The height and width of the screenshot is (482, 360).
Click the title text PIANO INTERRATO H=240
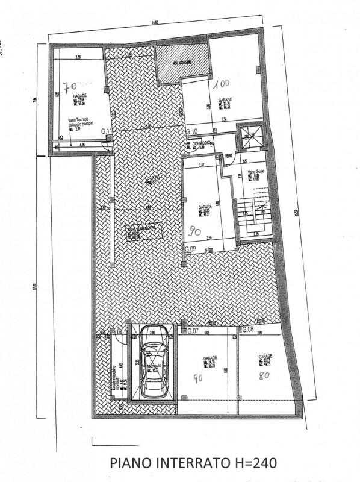point(194,463)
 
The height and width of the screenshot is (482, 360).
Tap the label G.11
point(107,131)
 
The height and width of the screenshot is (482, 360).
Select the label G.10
point(192,131)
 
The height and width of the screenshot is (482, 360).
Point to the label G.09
point(191,249)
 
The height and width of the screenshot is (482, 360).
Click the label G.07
point(193,331)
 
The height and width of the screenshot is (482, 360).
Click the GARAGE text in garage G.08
point(265,356)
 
